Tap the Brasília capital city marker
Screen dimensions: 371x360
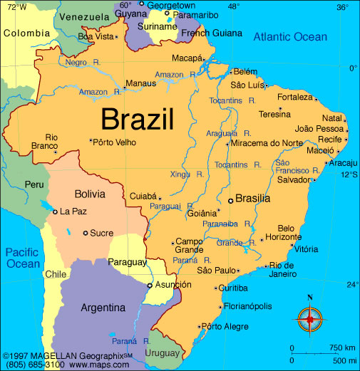(230, 201)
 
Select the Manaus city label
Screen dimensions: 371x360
(140, 84)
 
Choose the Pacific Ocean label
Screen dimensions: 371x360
(24, 257)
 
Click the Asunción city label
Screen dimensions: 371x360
(173, 285)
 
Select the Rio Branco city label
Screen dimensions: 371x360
(51, 142)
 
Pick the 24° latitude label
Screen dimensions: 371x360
(352, 285)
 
